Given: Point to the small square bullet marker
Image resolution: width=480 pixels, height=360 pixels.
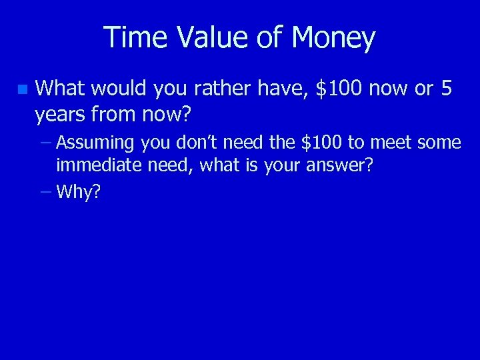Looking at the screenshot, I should [x=23, y=89].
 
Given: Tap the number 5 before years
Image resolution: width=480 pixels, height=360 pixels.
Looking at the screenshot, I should [x=447, y=89].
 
